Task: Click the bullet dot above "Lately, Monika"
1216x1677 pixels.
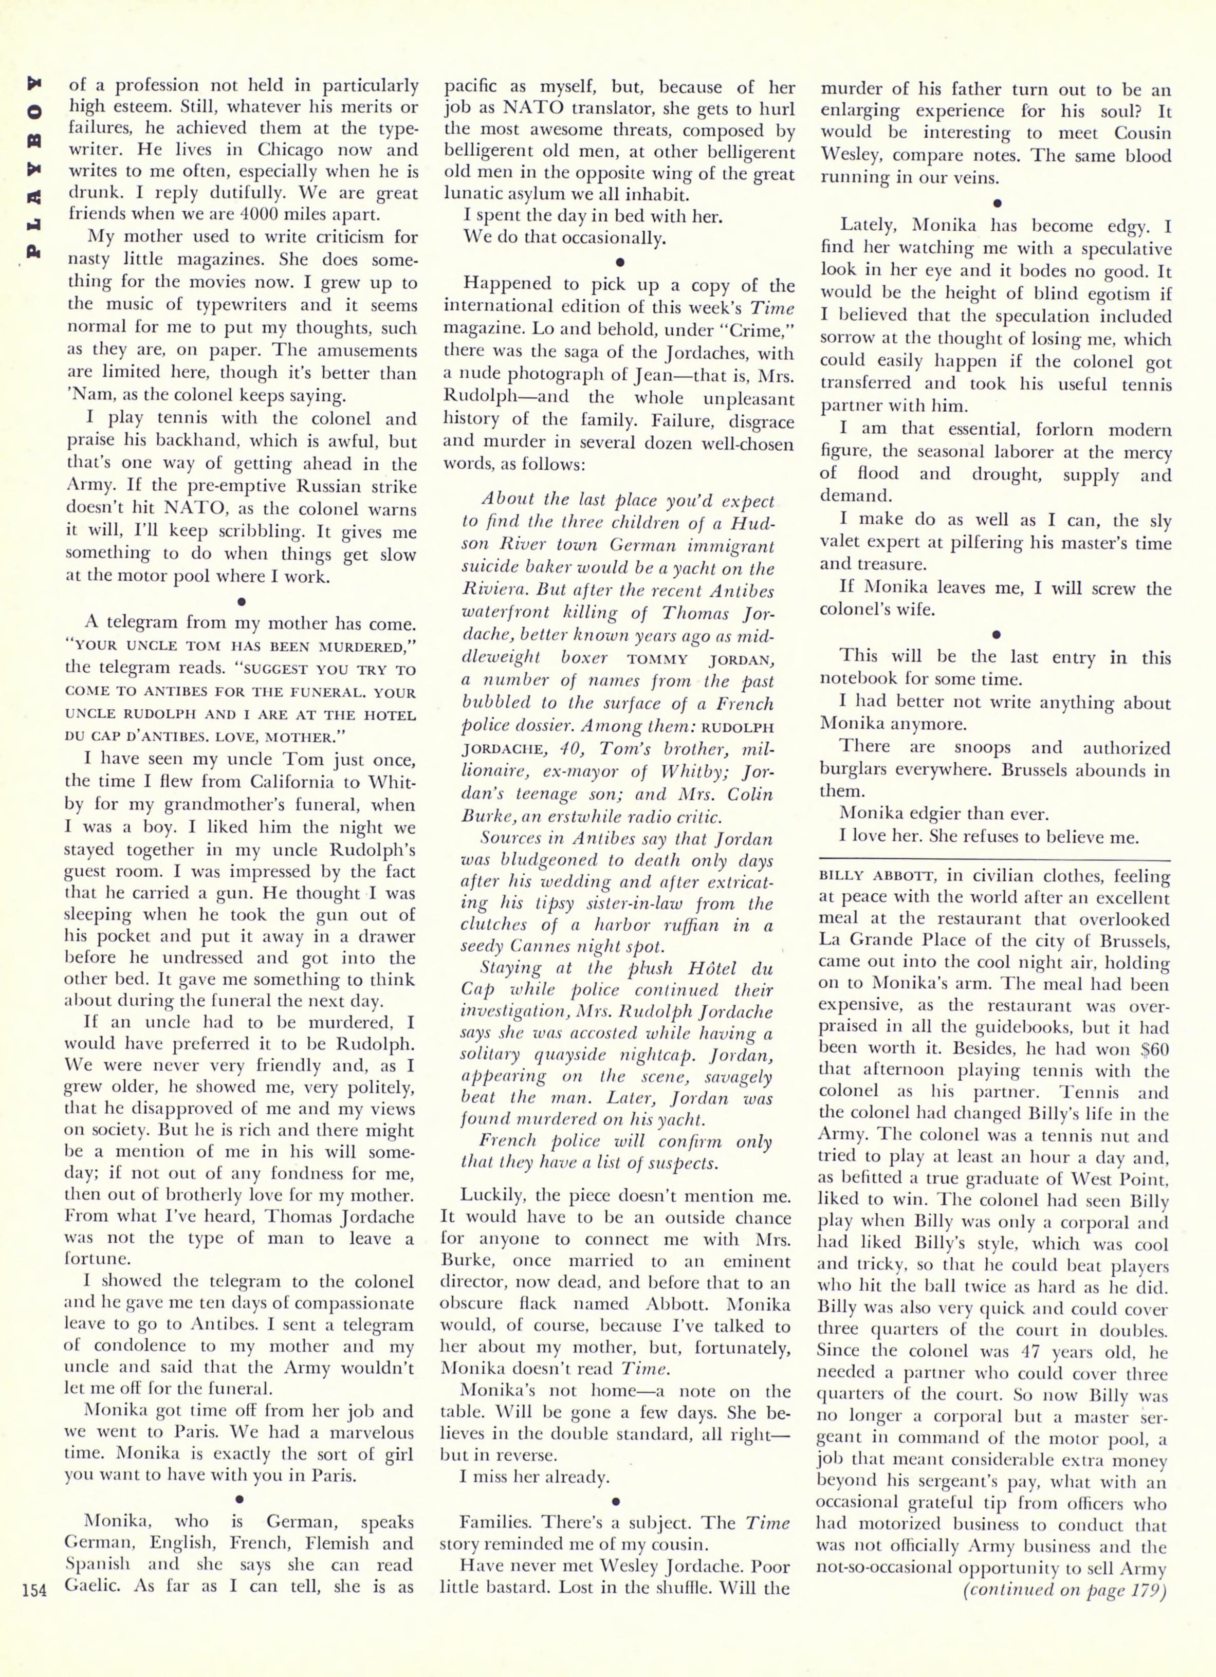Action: [x=997, y=201]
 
